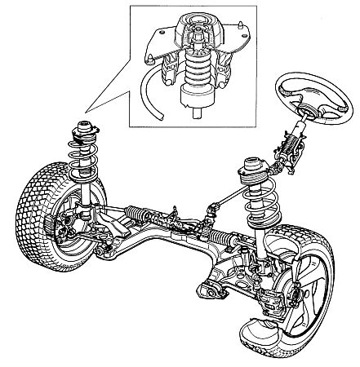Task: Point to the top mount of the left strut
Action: click(x=83, y=129)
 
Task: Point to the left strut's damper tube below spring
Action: click(x=85, y=200)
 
